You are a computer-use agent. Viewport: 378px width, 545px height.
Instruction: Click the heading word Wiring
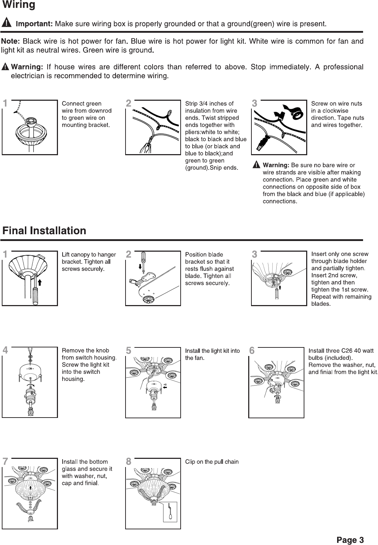tap(19, 5)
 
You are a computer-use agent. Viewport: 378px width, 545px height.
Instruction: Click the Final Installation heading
tap(44, 231)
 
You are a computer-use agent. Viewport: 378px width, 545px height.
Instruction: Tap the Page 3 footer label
tap(351, 540)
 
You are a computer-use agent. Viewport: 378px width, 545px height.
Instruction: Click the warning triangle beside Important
tap(7, 23)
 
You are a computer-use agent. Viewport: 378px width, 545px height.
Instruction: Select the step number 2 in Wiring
tap(129, 104)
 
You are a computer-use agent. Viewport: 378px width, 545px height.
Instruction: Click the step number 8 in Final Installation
tap(129, 462)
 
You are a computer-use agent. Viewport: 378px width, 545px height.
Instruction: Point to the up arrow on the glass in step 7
tap(31, 487)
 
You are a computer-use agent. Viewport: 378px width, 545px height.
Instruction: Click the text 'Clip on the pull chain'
tap(212, 462)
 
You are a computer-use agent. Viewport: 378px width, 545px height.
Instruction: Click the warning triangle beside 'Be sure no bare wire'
tap(256, 165)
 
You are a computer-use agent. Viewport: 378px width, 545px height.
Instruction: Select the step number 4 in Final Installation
tap(5, 350)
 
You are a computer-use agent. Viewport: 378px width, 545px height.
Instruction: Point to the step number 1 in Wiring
tap(5, 104)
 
